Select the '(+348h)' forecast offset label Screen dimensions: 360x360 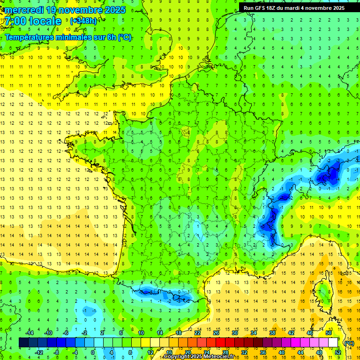(83, 21)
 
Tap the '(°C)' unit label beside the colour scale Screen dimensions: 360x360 (349, 343)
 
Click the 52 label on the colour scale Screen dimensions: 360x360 (338, 352)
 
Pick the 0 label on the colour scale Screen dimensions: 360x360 (93, 352)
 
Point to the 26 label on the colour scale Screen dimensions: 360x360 (216, 333)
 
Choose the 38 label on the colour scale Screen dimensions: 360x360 (272, 333)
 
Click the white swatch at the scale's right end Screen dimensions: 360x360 (333, 342)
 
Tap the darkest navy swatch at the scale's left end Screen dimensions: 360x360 (23, 342)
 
